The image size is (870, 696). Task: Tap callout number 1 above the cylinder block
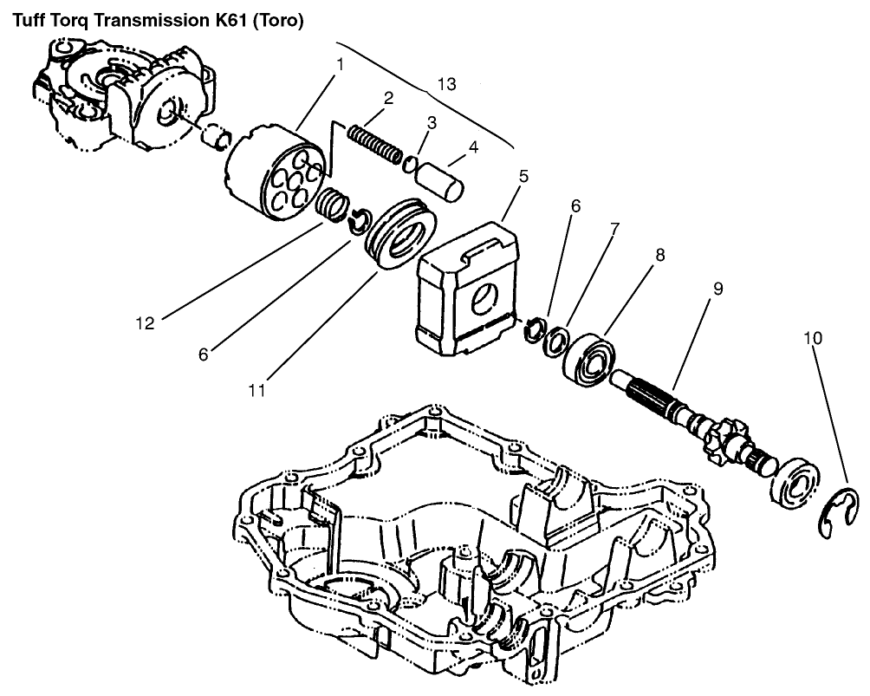pyautogui.click(x=341, y=63)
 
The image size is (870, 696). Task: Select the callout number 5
pyautogui.click(x=523, y=177)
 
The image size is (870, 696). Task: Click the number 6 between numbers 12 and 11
pyautogui.click(x=205, y=354)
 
